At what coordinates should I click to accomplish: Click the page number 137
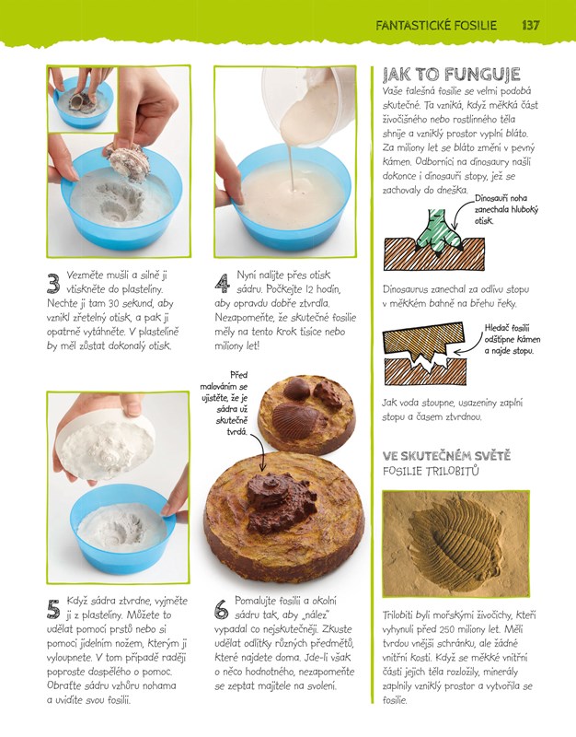click(531, 25)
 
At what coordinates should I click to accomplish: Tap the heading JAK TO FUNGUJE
click(451, 75)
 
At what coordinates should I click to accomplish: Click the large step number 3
click(53, 284)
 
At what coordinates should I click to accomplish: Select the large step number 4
click(222, 284)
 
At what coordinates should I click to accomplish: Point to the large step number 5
click(53, 609)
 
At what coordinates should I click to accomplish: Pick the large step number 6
click(222, 609)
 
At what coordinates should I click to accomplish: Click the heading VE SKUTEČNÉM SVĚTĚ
click(446, 455)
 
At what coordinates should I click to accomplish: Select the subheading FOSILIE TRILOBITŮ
click(431, 471)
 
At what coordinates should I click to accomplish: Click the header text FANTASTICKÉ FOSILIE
click(436, 26)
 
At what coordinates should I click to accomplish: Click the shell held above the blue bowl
click(128, 162)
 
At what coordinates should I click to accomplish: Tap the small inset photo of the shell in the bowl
click(83, 99)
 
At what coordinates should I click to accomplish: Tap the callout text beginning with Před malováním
click(225, 403)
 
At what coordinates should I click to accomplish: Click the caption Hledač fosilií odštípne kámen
click(513, 339)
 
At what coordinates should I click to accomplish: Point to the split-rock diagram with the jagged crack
click(425, 354)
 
